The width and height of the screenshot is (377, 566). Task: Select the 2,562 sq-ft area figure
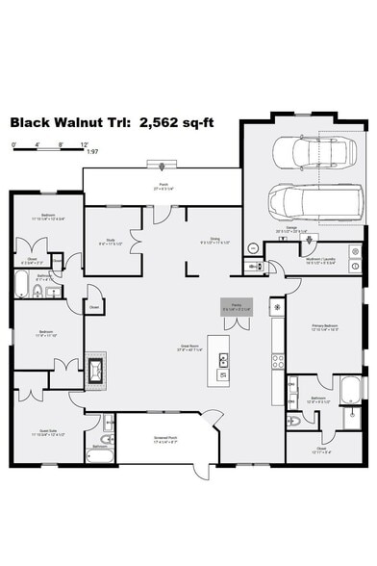(x=170, y=124)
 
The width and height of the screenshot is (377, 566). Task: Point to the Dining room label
(x=204, y=241)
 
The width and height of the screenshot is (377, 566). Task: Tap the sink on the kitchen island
(x=223, y=359)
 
